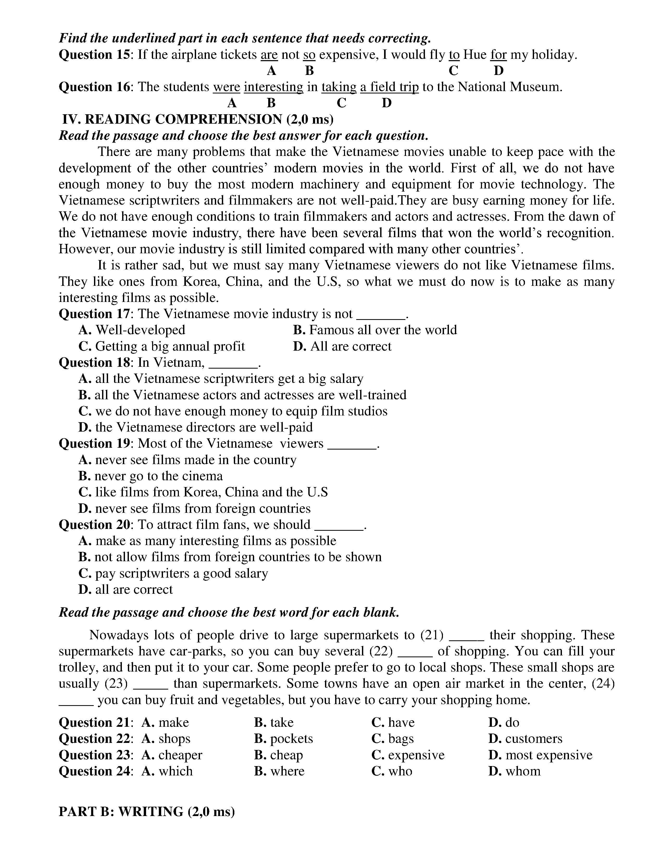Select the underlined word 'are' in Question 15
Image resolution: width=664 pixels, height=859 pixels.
269,55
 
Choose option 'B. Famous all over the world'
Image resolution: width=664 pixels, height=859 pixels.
375,330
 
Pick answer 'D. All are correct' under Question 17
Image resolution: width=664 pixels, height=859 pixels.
342,346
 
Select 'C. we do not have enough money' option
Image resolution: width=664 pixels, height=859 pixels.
233,411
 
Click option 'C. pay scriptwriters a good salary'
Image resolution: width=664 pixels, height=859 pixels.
173,573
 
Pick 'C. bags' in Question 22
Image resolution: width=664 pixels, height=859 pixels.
393,739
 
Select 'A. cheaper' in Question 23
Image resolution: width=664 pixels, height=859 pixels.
172,755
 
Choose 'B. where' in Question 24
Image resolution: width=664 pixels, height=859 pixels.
279,771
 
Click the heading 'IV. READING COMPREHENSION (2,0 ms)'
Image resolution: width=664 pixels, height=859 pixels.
198,119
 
